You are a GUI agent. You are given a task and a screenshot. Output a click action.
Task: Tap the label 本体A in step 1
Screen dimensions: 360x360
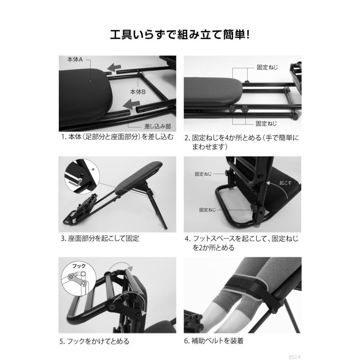click(74, 60)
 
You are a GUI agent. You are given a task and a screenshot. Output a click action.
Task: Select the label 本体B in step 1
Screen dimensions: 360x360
click(138, 92)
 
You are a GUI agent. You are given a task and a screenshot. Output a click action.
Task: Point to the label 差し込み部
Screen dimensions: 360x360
click(152, 126)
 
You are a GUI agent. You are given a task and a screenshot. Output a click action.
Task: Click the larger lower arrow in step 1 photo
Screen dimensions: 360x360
click(132, 105)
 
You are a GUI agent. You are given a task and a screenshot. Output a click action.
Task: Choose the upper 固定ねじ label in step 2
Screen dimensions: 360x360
click(267, 68)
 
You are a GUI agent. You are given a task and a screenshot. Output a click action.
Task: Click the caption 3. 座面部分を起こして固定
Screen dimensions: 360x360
click(100, 239)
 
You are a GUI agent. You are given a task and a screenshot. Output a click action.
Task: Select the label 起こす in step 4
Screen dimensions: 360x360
click(285, 182)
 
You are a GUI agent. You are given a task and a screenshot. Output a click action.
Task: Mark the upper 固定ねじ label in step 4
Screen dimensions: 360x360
click(203, 174)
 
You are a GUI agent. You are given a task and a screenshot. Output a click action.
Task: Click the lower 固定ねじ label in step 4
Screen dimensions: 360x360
click(207, 209)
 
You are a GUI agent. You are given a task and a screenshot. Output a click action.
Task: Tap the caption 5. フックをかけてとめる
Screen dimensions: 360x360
click(95, 341)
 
